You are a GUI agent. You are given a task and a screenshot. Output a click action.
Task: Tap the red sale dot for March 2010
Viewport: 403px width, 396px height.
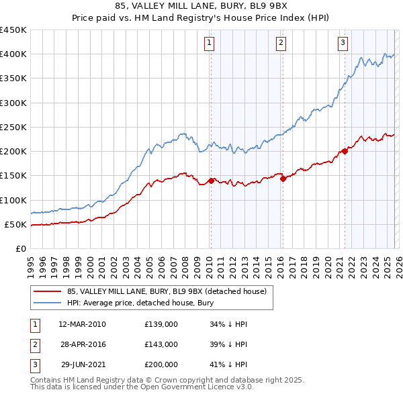coord(211,181)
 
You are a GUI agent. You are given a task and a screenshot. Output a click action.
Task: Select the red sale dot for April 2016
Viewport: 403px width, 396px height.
coord(283,179)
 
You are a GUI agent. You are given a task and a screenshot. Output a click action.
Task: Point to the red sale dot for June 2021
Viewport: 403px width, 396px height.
coord(345,151)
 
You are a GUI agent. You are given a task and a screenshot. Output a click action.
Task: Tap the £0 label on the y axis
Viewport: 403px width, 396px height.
coord(19,248)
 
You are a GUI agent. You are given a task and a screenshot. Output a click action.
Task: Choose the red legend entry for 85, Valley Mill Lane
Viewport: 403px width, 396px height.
coord(167,291)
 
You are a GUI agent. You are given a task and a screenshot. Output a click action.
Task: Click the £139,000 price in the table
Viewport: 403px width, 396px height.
coord(161,324)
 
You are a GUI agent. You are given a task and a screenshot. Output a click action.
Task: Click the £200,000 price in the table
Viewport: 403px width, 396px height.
coord(161,364)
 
